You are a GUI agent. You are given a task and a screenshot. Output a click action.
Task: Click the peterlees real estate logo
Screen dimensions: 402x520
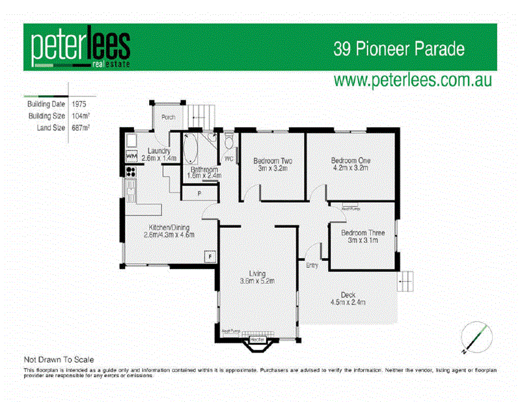(81, 48)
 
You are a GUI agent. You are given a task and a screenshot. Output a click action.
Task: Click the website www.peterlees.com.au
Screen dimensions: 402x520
(412, 80)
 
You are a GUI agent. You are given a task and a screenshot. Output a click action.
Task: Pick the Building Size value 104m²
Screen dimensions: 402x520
(81, 116)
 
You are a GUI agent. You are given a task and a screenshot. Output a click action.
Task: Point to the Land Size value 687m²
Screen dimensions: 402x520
(81, 128)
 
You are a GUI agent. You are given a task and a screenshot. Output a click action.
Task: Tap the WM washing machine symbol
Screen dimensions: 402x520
(131, 157)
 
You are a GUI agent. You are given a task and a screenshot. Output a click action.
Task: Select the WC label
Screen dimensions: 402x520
(228, 158)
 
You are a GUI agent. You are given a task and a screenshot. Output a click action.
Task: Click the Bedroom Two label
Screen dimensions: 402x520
(272, 160)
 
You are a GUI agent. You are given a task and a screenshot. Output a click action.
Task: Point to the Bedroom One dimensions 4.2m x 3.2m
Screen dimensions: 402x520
(349, 168)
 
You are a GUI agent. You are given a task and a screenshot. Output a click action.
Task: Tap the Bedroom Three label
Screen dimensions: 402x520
(363, 233)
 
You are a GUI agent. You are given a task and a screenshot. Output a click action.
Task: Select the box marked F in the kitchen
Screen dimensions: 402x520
(210, 257)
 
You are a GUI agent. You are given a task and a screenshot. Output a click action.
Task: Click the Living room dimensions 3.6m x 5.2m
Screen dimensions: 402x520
(258, 281)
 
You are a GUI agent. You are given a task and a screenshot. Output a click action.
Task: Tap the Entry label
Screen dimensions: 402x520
(312, 265)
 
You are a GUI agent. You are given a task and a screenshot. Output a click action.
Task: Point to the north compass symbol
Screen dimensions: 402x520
(474, 336)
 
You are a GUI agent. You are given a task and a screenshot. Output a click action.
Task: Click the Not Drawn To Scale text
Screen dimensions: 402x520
(59, 359)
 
